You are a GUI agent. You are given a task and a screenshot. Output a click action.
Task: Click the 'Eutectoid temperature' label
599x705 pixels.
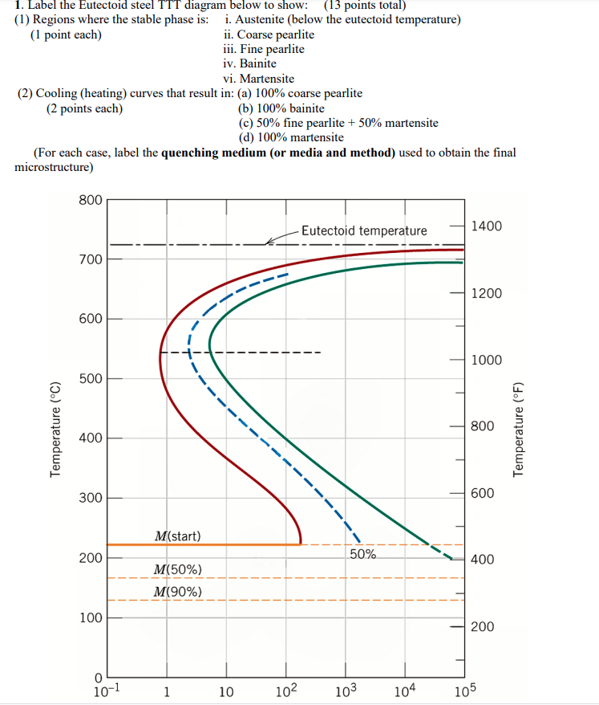(364, 231)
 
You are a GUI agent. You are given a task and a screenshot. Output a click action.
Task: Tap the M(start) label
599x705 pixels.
(178, 536)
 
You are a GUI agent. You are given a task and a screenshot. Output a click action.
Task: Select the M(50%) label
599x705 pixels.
(177, 569)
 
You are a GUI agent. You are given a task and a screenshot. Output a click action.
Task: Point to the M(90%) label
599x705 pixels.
(177, 593)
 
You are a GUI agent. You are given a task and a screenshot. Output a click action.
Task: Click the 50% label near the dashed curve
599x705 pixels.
(363, 553)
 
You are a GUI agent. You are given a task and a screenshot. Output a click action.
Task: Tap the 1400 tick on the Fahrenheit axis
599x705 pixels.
(487, 226)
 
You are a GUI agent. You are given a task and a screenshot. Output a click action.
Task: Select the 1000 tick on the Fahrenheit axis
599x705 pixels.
(487, 361)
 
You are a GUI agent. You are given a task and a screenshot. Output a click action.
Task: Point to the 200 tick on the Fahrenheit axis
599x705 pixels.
(482, 626)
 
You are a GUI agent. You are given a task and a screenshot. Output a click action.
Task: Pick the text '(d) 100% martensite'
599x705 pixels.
(291, 137)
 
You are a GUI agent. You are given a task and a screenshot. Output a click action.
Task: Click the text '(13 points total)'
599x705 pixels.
(366, 6)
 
